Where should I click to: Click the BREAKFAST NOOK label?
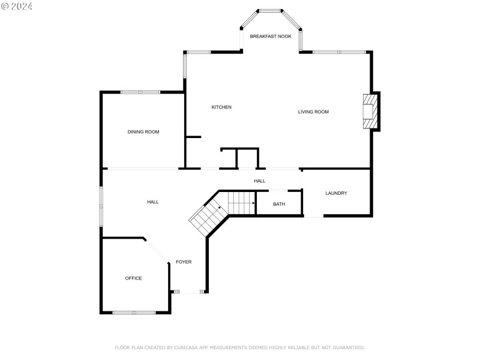point(271,37)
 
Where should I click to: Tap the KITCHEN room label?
point(221,107)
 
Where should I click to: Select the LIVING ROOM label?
point(313,112)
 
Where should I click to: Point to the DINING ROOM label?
point(143,132)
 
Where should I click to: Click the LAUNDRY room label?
point(336,193)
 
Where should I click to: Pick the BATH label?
point(279,205)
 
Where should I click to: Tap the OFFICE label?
point(133,278)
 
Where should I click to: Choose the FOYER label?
point(184,262)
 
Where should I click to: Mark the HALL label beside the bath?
point(259,181)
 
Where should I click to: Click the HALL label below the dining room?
point(153,202)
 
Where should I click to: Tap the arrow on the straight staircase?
point(253,203)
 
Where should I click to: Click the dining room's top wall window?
point(140,92)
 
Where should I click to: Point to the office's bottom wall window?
point(134,312)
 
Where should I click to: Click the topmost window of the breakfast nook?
point(270,10)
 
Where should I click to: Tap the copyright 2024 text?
point(17,6)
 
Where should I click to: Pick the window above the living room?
point(339,52)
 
